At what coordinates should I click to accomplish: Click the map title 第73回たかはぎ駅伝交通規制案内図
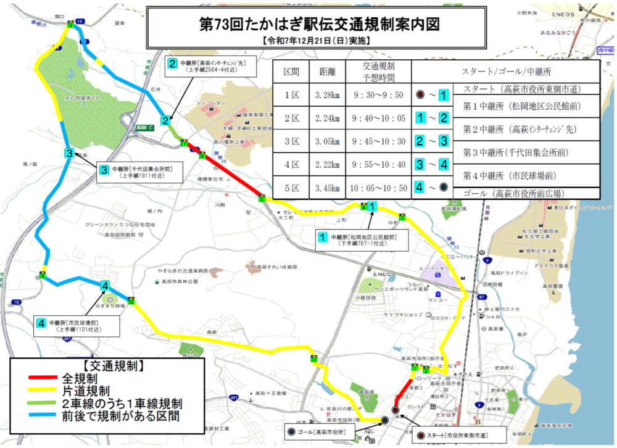(319, 24)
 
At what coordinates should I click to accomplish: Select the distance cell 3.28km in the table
(327, 95)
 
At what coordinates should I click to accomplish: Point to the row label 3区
(291, 141)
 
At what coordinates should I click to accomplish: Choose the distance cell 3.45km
(327, 188)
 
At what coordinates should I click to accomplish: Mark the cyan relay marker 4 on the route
(106, 286)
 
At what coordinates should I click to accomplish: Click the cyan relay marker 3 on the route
(70, 154)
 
